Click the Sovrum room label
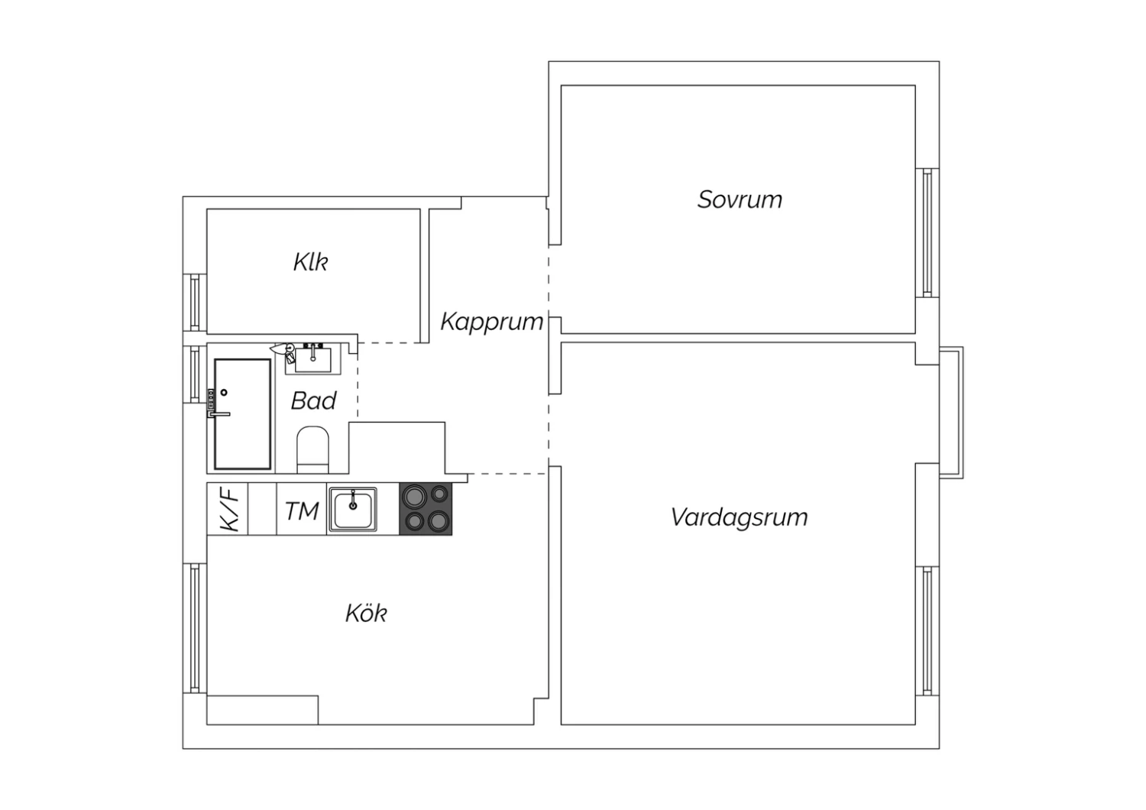pyautogui.click(x=740, y=199)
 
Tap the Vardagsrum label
pyautogui.click(x=740, y=517)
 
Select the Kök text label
pyautogui.click(x=366, y=613)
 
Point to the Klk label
pyautogui.click(x=310, y=262)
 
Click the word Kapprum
pyautogui.click(x=492, y=322)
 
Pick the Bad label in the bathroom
pyautogui.click(x=313, y=400)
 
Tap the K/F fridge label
pyautogui.click(x=228, y=509)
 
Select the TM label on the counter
pyautogui.click(x=302, y=511)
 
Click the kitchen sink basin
pyautogui.click(x=353, y=509)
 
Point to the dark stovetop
pyautogui.click(x=426, y=509)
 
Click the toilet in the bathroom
pyautogui.click(x=312, y=449)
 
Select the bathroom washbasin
pyautogui.click(x=313, y=359)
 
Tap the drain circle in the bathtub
pyautogui.click(x=224, y=393)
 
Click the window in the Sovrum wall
pyautogui.click(x=927, y=233)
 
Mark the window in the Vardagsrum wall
pyautogui.click(x=927, y=631)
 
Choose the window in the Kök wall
pyautogui.click(x=195, y=628)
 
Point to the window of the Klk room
pyautogui.click(x=195, y=303)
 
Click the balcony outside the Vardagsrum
pyautogui.click(x=952, y=413)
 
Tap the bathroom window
pyautogui.click(x=195, y=374)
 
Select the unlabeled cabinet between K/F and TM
pyautogui.click(x=263, y=509)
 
